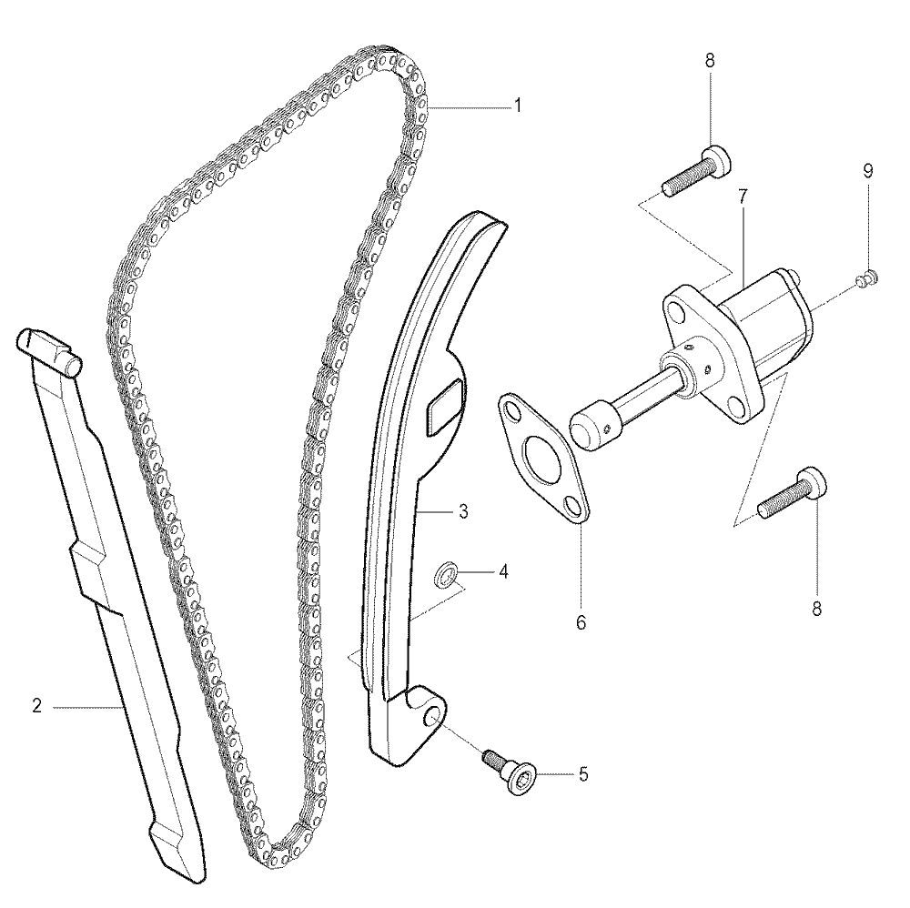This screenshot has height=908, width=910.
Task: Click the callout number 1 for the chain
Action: point(517,106)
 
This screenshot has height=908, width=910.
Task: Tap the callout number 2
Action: point(37,706)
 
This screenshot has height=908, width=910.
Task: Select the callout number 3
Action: point(463,511)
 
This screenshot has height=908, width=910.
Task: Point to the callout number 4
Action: point(503,572)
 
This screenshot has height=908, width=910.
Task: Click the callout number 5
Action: point(583,774)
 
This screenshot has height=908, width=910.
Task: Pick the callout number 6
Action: point(581,622)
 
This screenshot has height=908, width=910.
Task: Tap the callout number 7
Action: point(743,197)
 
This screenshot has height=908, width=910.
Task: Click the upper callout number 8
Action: point(710,60)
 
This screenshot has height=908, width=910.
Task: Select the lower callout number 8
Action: point(816,609)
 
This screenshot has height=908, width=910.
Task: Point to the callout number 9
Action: point(868,170)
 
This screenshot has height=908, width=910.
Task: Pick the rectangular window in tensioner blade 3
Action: point(445,406)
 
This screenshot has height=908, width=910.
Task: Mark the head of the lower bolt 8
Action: point(813,483)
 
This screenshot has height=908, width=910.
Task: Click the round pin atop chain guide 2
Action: point(73,365)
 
